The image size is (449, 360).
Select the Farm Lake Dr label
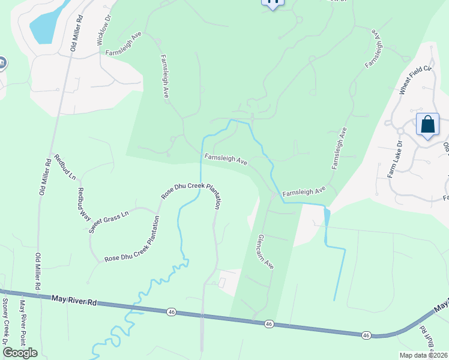393,159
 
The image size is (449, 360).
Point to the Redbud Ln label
65,167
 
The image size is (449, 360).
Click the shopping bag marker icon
427,125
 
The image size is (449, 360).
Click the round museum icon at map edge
2,62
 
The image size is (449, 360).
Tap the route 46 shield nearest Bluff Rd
366,335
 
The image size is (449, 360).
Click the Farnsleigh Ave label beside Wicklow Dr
123,45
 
